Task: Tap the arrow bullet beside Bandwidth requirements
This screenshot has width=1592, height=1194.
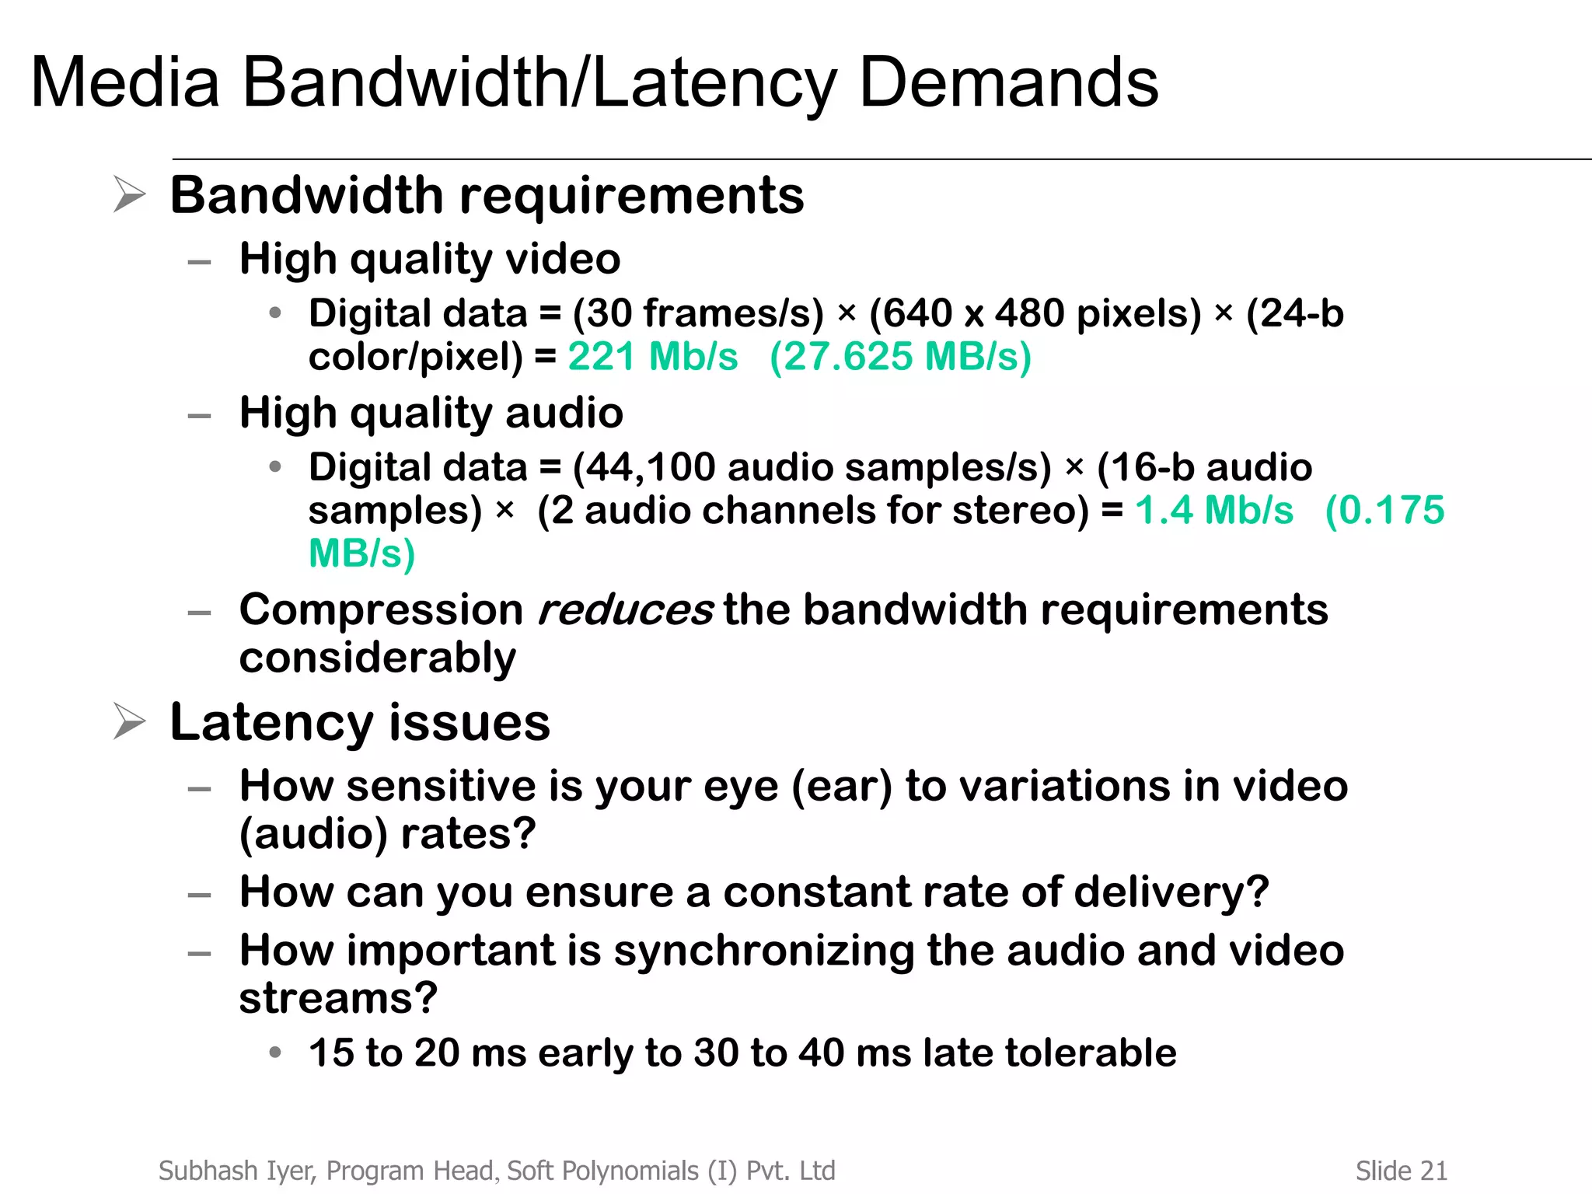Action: [129, 194]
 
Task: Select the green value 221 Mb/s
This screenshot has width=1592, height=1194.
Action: [652, 357]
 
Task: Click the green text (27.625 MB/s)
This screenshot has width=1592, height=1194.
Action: [900, 357]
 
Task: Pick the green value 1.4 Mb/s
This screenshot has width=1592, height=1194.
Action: [1214, 511]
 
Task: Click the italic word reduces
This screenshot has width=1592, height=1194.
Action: [624, 609]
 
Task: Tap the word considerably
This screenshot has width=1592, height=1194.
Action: [377, 658]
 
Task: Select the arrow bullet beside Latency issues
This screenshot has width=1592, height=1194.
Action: [129, 721]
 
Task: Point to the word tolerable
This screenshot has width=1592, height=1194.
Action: [1091, 1053]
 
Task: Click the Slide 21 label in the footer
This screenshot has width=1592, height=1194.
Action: [1401, 1171]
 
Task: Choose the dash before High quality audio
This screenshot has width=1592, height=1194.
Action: [200, 416]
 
